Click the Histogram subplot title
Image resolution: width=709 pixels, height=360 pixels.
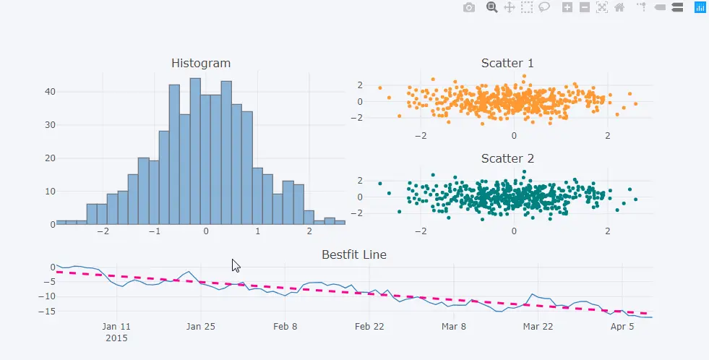click(x=201, y=64)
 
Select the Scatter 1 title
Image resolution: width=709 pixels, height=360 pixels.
click(x=507, y=64)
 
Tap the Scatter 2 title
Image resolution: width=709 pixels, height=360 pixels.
click(x=507, y=158)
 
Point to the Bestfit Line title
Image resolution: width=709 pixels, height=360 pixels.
click(x=354, y=254)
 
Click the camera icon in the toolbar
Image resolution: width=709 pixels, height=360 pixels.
click(x=469, y=7)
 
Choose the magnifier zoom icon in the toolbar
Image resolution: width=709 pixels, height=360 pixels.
click(x=492, y=7)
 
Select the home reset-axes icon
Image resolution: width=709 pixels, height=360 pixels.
click(x=619, y=7)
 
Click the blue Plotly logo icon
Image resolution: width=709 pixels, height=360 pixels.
click(x=700, y=7)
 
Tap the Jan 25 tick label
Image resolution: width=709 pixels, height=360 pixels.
click(x=201, y=327)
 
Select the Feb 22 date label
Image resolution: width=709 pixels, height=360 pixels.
click(x=369, y=327)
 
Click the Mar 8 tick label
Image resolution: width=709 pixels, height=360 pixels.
click(x=453, y=327)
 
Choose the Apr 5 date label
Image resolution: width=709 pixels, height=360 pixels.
click(x=622, y=327)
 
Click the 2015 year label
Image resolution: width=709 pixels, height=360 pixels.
click(x=116, y=338)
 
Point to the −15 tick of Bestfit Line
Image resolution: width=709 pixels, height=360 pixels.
click(x=44, y=312)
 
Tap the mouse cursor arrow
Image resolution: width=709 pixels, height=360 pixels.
click(x=235, y=265)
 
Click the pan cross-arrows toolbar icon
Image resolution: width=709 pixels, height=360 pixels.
click(x=509, y=7)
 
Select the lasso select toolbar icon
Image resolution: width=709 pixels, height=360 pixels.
click(x=544, y=7)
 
